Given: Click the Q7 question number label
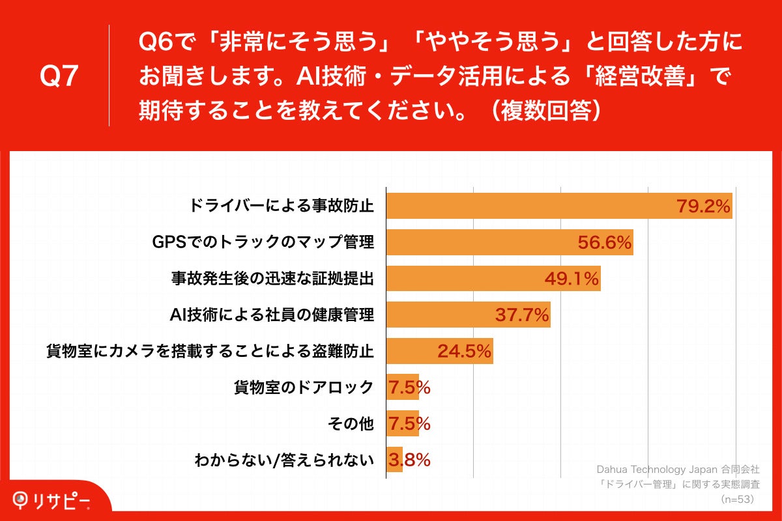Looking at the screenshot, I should point(59,77).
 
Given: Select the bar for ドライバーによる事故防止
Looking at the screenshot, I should point(521,206).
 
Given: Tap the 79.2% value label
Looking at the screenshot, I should point(702,207).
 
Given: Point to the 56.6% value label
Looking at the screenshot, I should point(605,244).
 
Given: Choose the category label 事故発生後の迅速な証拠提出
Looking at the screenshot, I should point(272,279).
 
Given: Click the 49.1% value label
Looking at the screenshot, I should point(572,279).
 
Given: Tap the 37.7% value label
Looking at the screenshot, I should point(522,316).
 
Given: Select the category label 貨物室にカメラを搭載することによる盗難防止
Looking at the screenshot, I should point(210,352).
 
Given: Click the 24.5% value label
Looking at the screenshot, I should point(464,352).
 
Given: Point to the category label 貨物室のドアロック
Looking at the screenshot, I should point(304,387).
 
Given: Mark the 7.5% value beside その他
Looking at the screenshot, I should point(409,424).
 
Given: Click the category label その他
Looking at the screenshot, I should point(353,424).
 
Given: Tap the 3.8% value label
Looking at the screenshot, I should point(409,460).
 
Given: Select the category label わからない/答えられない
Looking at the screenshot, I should point(284,460).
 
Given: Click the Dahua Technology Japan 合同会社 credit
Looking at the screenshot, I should point(678,470).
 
